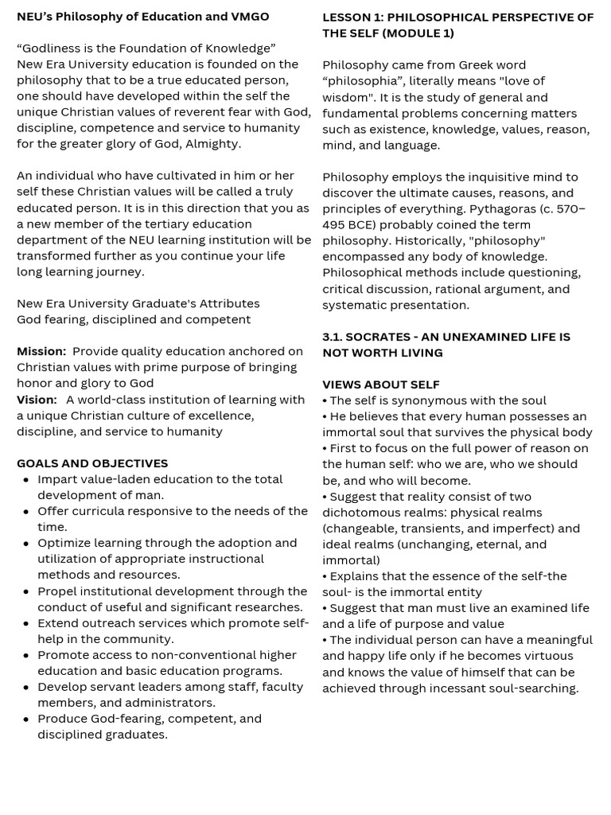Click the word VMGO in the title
247,17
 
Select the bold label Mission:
41,352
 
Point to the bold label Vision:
37,400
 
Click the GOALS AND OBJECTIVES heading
92,463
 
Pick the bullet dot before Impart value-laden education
27,480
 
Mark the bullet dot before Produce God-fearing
27,719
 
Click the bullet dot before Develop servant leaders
27,687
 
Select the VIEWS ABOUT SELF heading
381,384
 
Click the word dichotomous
362,513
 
